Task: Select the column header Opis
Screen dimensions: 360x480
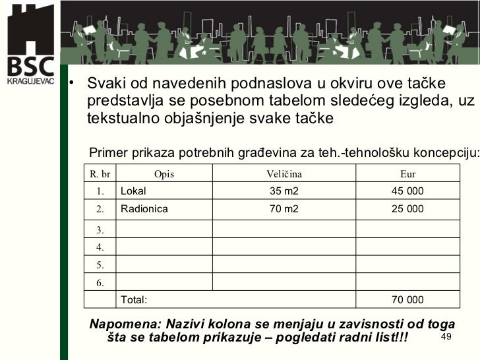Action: point(164,174)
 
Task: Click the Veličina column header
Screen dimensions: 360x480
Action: point(284,174)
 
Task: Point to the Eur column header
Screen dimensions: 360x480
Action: point(407,174)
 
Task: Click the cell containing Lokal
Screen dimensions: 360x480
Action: point(133,192)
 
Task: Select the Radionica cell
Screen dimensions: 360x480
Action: point(144,210)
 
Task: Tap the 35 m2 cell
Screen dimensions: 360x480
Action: point(284,192)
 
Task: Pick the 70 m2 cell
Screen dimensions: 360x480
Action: point(284,210)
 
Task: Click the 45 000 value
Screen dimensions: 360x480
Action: point(407,192)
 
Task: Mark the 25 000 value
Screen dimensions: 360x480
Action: point(407,210)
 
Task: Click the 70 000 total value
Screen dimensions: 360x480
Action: point(407,300)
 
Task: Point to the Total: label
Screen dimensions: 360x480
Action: point(133,300)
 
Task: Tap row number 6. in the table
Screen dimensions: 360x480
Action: point(100,284)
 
